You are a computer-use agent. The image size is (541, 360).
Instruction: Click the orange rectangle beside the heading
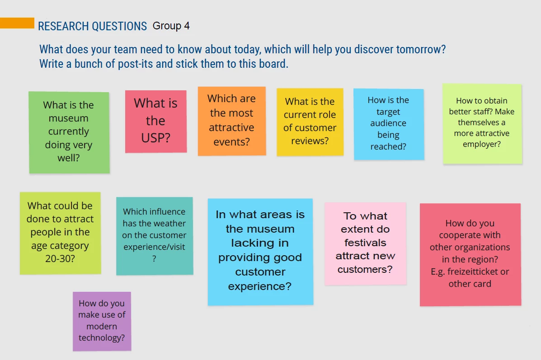click(17, 23)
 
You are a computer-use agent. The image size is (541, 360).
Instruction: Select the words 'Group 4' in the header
click(171, 26)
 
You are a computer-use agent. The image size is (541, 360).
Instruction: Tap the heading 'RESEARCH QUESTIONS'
click(93, 26)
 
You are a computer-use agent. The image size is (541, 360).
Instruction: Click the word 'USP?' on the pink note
click(155, 138)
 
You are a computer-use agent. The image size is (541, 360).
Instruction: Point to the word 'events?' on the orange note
click(231, 142)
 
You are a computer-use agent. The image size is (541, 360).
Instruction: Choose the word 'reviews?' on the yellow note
click(310, 140)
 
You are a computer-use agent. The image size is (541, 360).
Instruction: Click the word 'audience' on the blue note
click(388, 123)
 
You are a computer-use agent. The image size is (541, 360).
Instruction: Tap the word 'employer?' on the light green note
click(482, 144)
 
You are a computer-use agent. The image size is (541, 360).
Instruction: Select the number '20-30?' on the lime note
click(60, 259)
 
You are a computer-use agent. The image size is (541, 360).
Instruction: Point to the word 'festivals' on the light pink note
click(365, 243)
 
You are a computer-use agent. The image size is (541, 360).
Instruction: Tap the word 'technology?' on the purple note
click(101, 337)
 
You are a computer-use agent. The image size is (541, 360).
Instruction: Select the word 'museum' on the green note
click(68, 118)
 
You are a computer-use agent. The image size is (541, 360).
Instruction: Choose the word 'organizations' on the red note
click(470, 247)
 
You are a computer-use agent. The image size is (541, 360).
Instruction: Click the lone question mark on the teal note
click(154, 259)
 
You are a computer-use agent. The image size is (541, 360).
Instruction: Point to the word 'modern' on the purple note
click(101, 326)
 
